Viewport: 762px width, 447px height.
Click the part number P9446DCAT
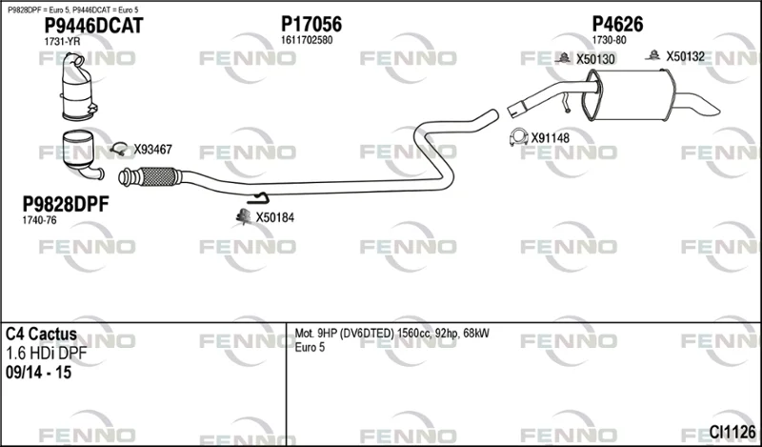(x=93, y=26)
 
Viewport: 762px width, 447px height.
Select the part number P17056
(x=311, y=24)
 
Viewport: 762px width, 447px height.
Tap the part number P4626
(x=617, y=24)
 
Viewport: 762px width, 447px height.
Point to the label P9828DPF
(x=66, y=204)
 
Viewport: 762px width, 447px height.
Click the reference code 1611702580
(x=307, y=40)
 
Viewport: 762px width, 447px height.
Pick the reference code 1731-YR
(x=62, y=42)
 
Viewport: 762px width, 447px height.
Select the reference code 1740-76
(x=39, y=220)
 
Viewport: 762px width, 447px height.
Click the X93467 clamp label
(x=153, y=150)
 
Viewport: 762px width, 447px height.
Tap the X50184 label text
(x=275, y=217)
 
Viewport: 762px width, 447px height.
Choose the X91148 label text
(x=551, y=138)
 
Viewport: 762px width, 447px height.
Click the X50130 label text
(x=596, y=59)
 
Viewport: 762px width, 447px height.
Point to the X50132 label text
(x=685, y=56)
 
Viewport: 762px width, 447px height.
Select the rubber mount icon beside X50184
(x=243, y=217)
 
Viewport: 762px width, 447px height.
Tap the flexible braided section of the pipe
(x=154, y=176)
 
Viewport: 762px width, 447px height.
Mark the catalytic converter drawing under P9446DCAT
(x=79, y=87)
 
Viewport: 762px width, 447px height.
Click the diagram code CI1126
(x=732, y=432)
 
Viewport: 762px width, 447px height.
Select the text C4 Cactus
(x=41, y=335)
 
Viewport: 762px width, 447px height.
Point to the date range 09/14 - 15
(x=38, y=373)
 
